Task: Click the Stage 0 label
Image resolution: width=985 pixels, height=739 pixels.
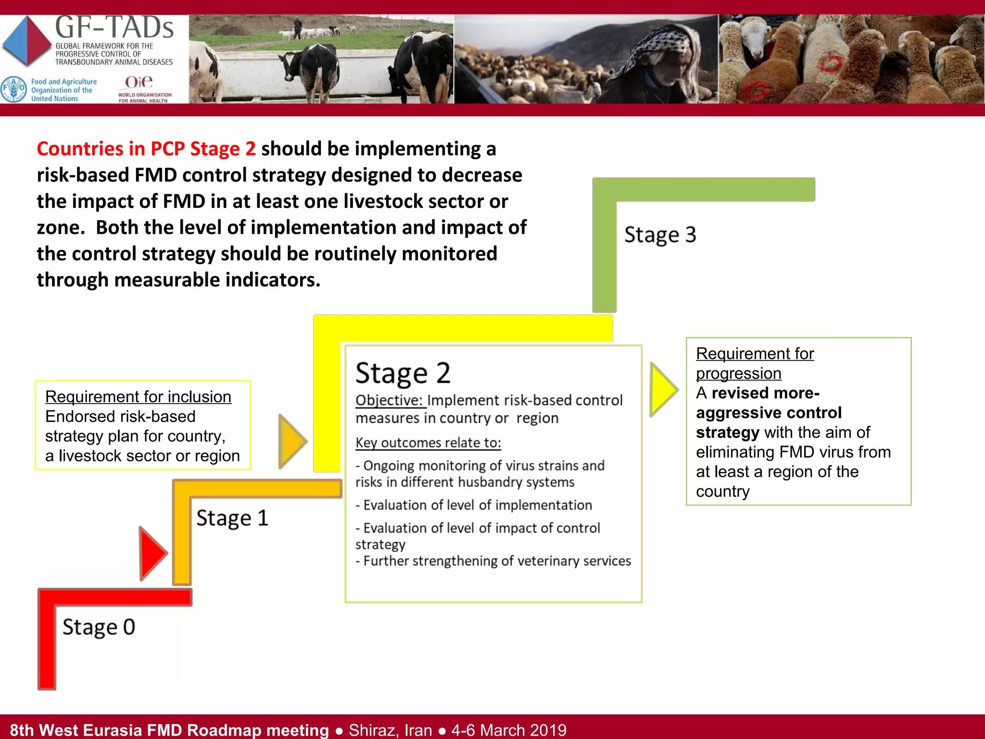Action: click(x=99, y=627)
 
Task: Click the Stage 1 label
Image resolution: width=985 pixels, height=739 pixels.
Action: click(x=232, y=518)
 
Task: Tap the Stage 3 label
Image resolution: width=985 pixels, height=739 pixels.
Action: click(x=660, y=235)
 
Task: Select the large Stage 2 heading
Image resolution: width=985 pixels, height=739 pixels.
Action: click(x=403, y=373)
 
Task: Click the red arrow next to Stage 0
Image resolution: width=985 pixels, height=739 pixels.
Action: click(x=152, y=553)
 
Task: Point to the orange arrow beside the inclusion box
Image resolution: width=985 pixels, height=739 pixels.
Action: click(x=291, y=441)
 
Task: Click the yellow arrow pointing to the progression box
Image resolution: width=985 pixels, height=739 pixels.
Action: click(x=663, y=389)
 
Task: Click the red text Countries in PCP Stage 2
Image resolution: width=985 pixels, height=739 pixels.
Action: click(x=146, y=149)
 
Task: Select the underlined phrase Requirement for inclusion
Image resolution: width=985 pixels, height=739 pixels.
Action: click(x=138, y=397)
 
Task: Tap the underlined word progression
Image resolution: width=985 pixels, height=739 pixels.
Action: click(x=738, y=373)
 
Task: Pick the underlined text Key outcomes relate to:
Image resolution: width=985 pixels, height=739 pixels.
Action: click(x=428, y=443)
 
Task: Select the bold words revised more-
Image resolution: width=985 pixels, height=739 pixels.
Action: click(x=765, y=393)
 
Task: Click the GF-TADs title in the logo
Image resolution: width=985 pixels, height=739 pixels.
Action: click(x=114, y=27)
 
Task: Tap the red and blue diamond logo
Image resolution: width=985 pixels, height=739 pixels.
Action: click(x=27, y=41)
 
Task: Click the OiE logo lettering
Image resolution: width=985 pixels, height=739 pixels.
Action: click(x=139, y=82)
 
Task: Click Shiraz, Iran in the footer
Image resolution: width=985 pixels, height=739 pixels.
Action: click(x=390, y=730)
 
